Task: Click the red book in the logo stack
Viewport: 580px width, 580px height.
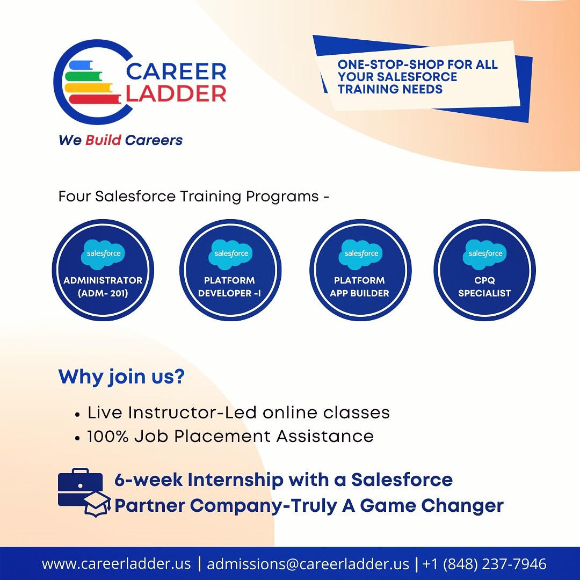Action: [94, 99]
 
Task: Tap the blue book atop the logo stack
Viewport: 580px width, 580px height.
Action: [86, 65]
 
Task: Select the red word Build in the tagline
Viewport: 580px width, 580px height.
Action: [103, 140]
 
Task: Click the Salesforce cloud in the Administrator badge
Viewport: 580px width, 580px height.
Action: [103, 253]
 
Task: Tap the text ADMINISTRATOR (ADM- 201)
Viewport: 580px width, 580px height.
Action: [103, 287]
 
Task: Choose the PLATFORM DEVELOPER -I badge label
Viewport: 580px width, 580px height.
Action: [230, 287]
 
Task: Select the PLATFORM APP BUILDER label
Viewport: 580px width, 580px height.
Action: [360, 287]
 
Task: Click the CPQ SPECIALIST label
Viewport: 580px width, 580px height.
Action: [484, 287]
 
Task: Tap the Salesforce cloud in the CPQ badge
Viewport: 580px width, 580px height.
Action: [485, 253]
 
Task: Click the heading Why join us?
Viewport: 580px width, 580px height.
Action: [121, 376]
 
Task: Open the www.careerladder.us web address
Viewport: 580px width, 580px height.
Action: [116, 564]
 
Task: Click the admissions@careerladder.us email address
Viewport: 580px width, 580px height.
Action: [308, 564]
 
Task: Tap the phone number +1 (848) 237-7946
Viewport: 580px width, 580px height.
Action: [484, 564]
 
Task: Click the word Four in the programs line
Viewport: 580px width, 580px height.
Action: [74, 197]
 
